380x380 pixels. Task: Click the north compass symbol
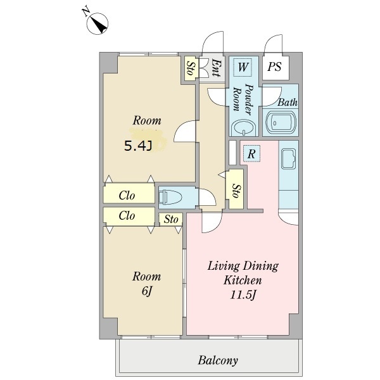(98, 23)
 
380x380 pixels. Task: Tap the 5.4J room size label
(138, 146)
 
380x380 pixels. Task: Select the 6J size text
(146, 291)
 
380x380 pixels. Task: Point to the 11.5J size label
(243, 295)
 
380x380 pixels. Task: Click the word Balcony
(218, 360)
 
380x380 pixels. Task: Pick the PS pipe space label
(275, 66)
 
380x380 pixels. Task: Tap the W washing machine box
(243, 67)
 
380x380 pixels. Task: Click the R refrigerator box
(251, 154)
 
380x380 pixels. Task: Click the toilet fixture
(170, 197)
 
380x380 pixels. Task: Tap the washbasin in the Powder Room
(243, 128)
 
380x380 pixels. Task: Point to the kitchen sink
(288, 159)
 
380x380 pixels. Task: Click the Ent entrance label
(215, 68)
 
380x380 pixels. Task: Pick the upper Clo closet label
(127, 195)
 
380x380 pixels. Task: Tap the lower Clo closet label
(127, 215)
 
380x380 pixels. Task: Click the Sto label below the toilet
(171, 219)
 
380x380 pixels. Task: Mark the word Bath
(287, 102)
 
